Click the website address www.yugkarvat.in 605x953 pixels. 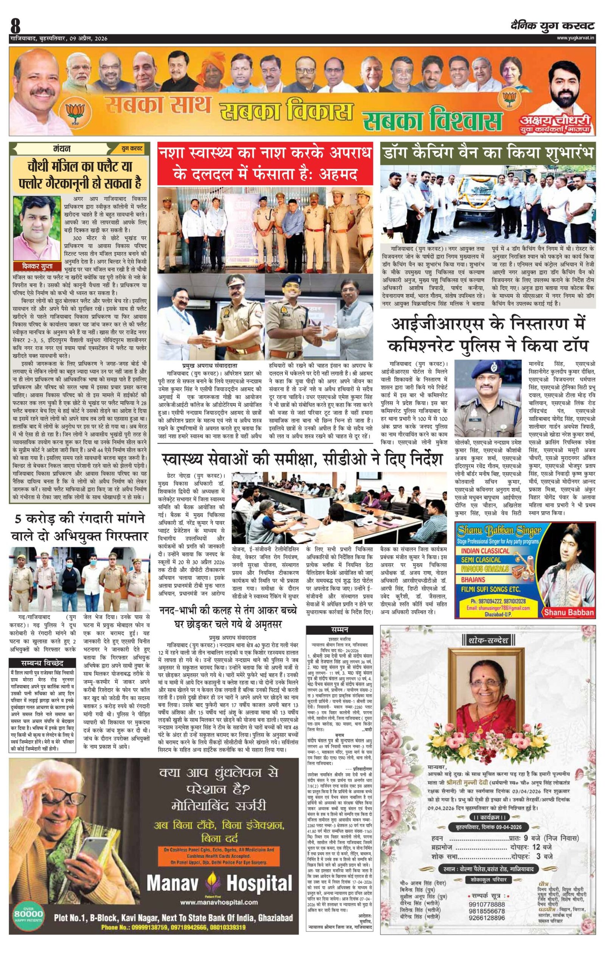point(576,38)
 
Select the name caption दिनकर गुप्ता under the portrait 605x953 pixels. point(37,266)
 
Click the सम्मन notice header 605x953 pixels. point(340,629)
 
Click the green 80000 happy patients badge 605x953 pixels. point(28,911)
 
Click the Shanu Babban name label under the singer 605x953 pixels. point(569,613)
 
